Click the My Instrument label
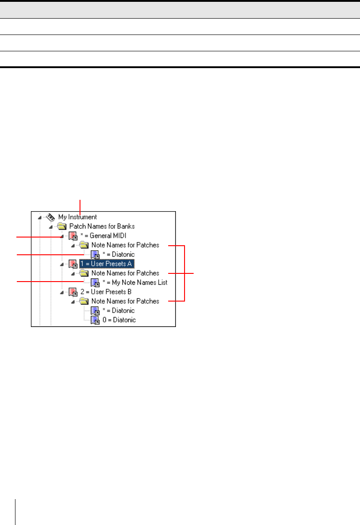[x=77, y=217]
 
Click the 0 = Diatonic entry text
[x=119, y=320]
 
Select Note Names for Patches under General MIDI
[x=125, y=245]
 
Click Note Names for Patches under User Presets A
[x=125, y=273]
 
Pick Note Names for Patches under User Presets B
[x=125, y=301]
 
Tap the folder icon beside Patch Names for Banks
[x=62, y=226]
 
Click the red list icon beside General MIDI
[x=73, y=236]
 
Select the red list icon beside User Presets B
[x=73, y=292]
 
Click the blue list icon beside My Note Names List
[x=95, y=282]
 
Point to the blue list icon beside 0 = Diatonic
[x=95, y=320]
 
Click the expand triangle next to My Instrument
[x=40, y=218]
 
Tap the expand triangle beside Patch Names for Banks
[x=51, y=227]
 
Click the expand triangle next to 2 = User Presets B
[x=62, y=292]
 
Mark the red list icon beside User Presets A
[x=73, y=263]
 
